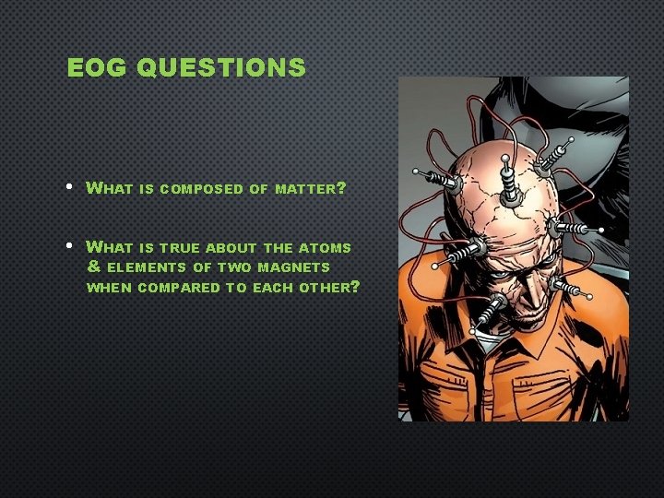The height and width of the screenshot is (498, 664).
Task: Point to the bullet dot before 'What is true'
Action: point(71,247)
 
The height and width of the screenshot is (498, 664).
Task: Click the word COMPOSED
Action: point(203,189)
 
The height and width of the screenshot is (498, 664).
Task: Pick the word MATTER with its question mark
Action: point(308,189)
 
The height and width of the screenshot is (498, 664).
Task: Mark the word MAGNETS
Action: point(296,267)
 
